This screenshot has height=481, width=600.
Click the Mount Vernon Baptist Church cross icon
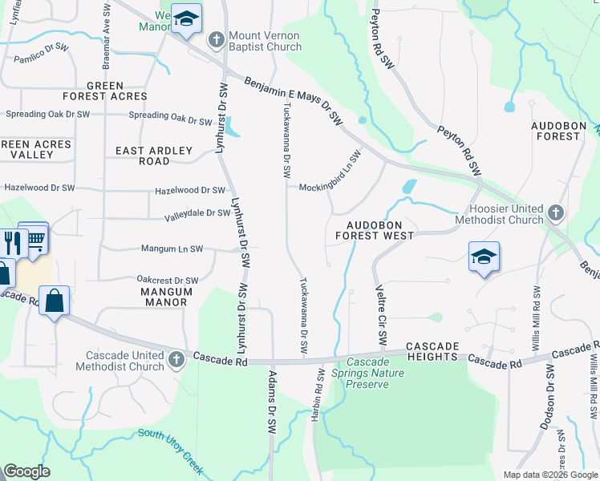pos(216,40)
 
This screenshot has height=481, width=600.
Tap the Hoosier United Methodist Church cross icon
pos(556,213)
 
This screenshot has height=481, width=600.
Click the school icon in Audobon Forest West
pos(484,257)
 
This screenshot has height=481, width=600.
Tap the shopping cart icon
pos(34,237)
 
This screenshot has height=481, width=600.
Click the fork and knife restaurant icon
pos(10,242)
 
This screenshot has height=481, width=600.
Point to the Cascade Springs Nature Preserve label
pos(367,374)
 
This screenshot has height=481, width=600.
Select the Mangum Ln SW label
pos(172,249)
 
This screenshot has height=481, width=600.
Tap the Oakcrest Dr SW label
pos(167,281)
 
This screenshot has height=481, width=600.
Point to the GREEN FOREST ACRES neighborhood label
pos(105,91)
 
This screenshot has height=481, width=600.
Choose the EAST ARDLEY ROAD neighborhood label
pos(154,156)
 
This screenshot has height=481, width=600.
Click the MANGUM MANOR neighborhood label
pos(164,297)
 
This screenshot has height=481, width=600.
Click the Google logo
pos(27,471)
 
